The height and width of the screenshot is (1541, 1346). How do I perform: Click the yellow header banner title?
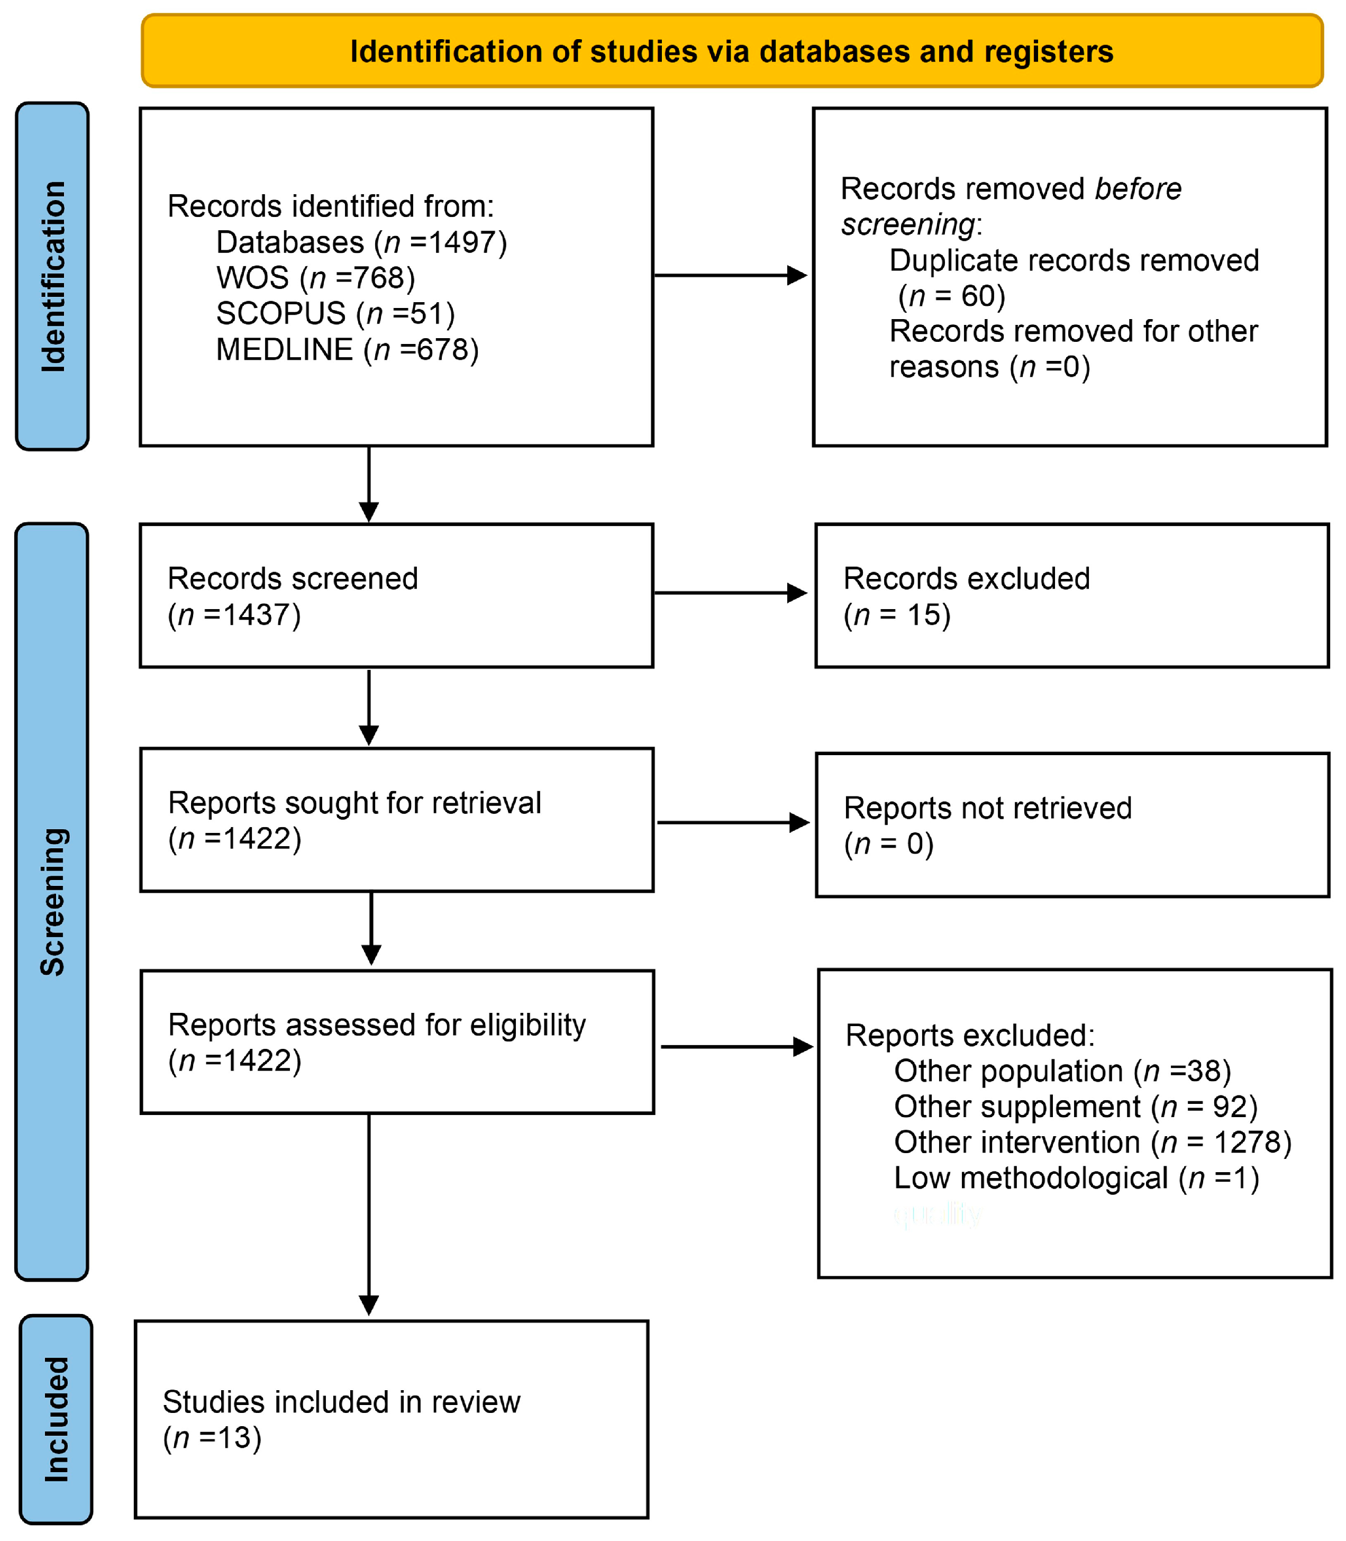coord(732,52)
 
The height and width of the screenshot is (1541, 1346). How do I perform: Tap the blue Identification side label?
coord(52,276)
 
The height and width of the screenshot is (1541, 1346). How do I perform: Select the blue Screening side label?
coord(52,902)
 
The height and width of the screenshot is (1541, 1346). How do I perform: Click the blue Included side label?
coord(56,1419)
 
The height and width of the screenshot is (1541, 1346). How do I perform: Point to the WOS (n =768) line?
coord(315,278)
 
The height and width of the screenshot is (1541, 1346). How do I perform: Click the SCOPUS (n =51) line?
coord(335,313)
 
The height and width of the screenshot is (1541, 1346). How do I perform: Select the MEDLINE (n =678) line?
coord(347,349)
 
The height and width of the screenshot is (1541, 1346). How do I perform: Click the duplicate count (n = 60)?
coord(952,296)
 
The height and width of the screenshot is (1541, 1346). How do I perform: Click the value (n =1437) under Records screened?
coord(234,614)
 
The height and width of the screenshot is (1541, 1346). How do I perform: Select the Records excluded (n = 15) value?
coord(897,614)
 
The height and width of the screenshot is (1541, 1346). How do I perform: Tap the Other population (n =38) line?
coord(1062,1071)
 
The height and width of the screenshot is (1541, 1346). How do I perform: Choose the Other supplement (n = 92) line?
coord(1076,1107)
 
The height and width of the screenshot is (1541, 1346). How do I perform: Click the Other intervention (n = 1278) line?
coord(1092,1142)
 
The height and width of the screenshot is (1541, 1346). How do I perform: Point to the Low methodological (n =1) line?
coord(1076,1178)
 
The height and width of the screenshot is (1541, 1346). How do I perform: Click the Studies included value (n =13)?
coord(213,1437)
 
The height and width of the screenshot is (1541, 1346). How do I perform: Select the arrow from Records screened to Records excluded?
coord(731,593)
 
